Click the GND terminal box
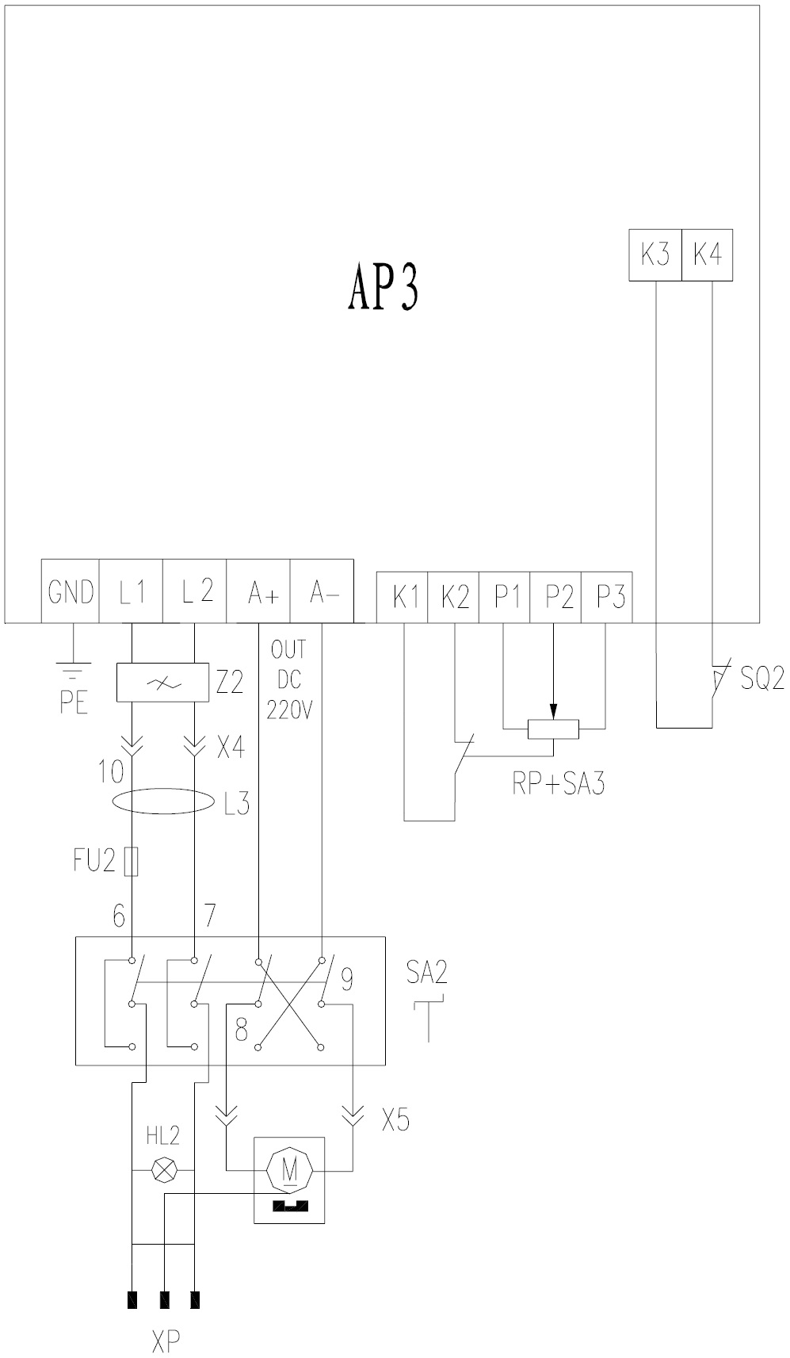click(x=71, y=592)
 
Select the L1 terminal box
click(x=132, y=592)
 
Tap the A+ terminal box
click(x=259, y=592)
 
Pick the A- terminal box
click(x=322, y=592)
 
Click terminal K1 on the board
click(x=403, y=596)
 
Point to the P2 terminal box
click(x=556, y=596)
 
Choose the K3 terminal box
click(x=655, y=255)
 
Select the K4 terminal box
click(x=707, y=255)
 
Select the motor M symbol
click(x=289, y=1169)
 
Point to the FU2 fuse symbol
click(x=132, y=862)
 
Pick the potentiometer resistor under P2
click(x=554, y=729)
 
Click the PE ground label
click(x=73, y=703)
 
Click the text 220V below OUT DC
click(x=290, y=710)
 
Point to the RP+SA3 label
click(x=559, y=786)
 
